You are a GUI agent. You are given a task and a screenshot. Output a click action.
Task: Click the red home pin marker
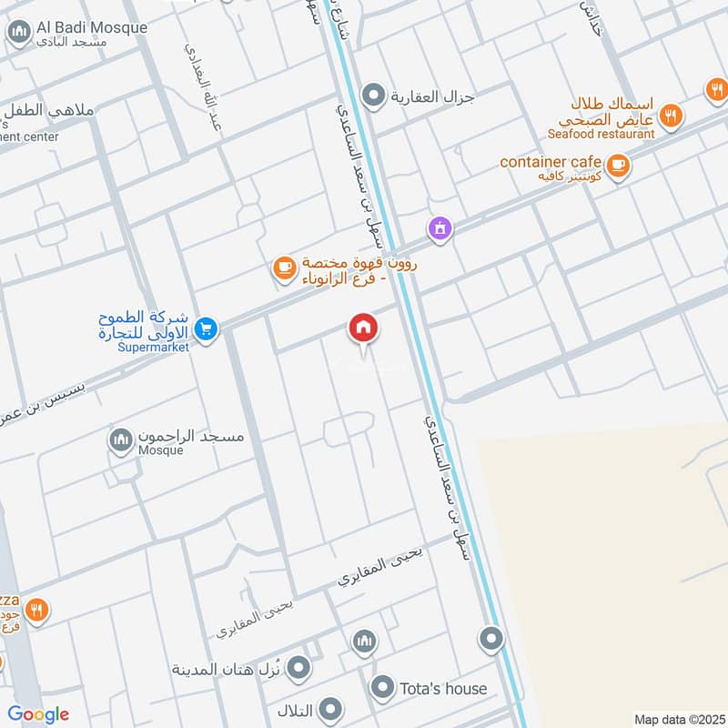pos(362,329)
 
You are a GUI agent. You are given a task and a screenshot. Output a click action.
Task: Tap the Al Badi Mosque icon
pos(17,35)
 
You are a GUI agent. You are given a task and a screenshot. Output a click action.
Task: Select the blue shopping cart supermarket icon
pos(207,329)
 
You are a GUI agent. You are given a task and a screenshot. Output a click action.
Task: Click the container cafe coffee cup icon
pos(618,166)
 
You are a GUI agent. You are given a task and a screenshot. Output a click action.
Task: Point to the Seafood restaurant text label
pos(601,134)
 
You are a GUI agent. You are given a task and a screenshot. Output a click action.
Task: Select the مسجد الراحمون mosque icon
pos(120,442)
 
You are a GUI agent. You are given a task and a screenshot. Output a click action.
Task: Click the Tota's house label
pos(443,689)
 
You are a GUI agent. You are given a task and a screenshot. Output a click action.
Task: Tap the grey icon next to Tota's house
pos(383,688)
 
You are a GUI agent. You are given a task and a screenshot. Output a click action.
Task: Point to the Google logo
pos(38,714)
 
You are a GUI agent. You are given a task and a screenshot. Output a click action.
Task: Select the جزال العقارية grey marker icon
pos(372,95)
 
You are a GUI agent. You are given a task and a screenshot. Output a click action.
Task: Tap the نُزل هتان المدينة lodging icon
pos(298,670)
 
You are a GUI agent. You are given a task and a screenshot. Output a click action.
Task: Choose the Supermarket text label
pos(154,347)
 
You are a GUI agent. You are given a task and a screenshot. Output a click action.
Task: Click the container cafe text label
pos(551,162)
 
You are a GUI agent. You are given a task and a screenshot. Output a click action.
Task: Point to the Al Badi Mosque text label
pos(90,27)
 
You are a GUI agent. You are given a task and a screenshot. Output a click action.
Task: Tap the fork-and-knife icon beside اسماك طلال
pos(672,115)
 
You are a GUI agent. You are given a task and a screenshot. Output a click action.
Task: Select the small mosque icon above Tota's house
pos(364,642)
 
